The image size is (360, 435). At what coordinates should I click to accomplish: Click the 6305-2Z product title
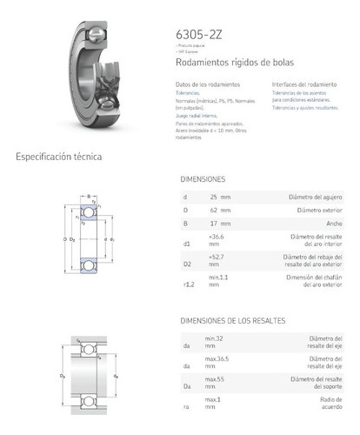(x=199, y=34)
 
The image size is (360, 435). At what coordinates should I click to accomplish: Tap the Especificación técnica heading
(x=58, y=157)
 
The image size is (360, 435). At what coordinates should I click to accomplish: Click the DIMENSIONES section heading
(x=203, y=178)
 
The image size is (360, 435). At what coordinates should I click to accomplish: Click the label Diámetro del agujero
(x=321, y=197)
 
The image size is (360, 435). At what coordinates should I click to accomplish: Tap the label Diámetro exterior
(x=323, y=211)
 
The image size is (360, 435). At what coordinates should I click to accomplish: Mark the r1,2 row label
(x=186, y=284)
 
